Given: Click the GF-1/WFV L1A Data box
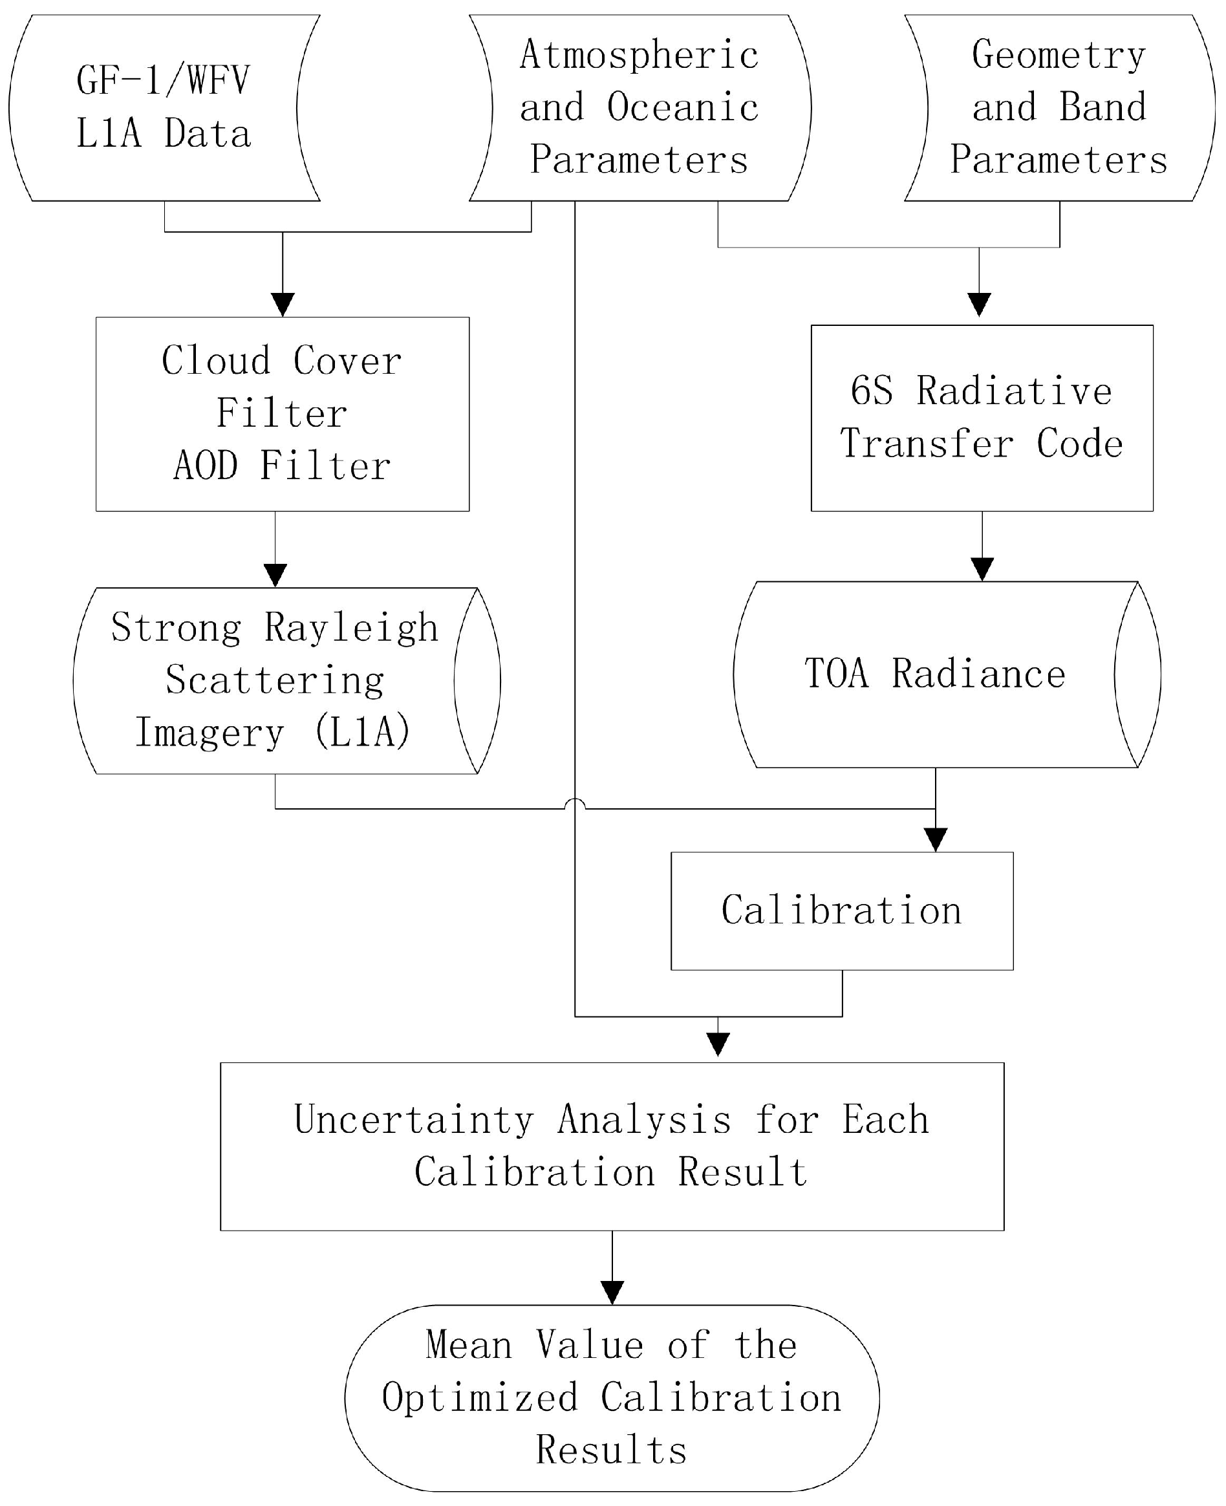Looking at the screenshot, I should [164, 107].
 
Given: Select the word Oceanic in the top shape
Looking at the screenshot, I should [682, 107].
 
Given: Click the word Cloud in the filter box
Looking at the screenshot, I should [215, 361].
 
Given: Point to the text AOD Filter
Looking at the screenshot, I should [282, 466].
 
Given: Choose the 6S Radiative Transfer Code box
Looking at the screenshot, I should [981, 418].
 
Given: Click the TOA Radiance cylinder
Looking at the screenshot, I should [934, 674].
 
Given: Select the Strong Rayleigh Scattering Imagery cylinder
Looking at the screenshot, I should [275, 680].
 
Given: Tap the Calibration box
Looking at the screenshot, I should [841, 911].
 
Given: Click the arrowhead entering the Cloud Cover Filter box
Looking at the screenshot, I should [283, 305].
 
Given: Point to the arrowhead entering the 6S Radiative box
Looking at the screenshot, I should [979, 305].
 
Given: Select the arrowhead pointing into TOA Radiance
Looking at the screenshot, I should [982, 569].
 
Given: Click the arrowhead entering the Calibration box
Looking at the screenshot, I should [935, 839].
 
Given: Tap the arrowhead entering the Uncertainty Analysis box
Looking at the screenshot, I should [718, 1044].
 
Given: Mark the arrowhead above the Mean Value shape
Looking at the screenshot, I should [612, 1293].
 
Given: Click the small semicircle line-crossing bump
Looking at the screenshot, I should [575, 804].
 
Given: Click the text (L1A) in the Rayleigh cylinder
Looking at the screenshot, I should [362, 731].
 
